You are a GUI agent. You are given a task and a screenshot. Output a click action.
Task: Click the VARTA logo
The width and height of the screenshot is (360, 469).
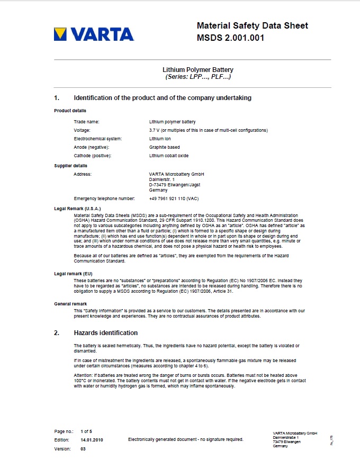pos(94,34)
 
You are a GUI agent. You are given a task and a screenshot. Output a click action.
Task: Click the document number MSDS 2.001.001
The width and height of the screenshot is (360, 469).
pos(230,38)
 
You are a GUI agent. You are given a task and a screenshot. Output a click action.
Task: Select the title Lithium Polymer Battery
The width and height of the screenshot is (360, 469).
pos(198,70)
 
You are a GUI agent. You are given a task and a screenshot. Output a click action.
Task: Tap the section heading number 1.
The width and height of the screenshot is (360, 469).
pos(57,98)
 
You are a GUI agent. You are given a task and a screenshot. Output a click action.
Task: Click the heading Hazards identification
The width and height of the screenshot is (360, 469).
pos(105,333)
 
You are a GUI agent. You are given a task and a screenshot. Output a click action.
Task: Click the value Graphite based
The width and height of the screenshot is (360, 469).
pos(165,147)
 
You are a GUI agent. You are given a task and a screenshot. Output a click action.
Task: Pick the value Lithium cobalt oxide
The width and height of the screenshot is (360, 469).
pos(169,156)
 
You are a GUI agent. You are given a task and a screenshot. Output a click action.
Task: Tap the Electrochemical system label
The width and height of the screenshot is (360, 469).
pos(98,139)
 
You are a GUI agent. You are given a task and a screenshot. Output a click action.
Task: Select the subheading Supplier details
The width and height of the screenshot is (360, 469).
pos(70,166)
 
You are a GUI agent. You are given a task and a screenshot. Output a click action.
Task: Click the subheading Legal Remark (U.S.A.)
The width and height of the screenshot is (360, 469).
pos(77,209)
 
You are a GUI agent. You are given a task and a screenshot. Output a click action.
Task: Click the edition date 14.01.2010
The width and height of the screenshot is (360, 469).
pos(92,440)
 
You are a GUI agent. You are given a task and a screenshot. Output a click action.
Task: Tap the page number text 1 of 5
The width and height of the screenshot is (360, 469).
pos(86,431)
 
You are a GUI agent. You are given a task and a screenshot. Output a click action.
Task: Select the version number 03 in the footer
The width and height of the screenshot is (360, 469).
pos(83,449)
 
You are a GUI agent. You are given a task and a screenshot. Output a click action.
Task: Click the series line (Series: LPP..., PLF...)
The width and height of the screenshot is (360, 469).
pos(198,77)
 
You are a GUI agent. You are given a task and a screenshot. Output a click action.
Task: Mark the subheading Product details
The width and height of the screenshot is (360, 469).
pos(70,111)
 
